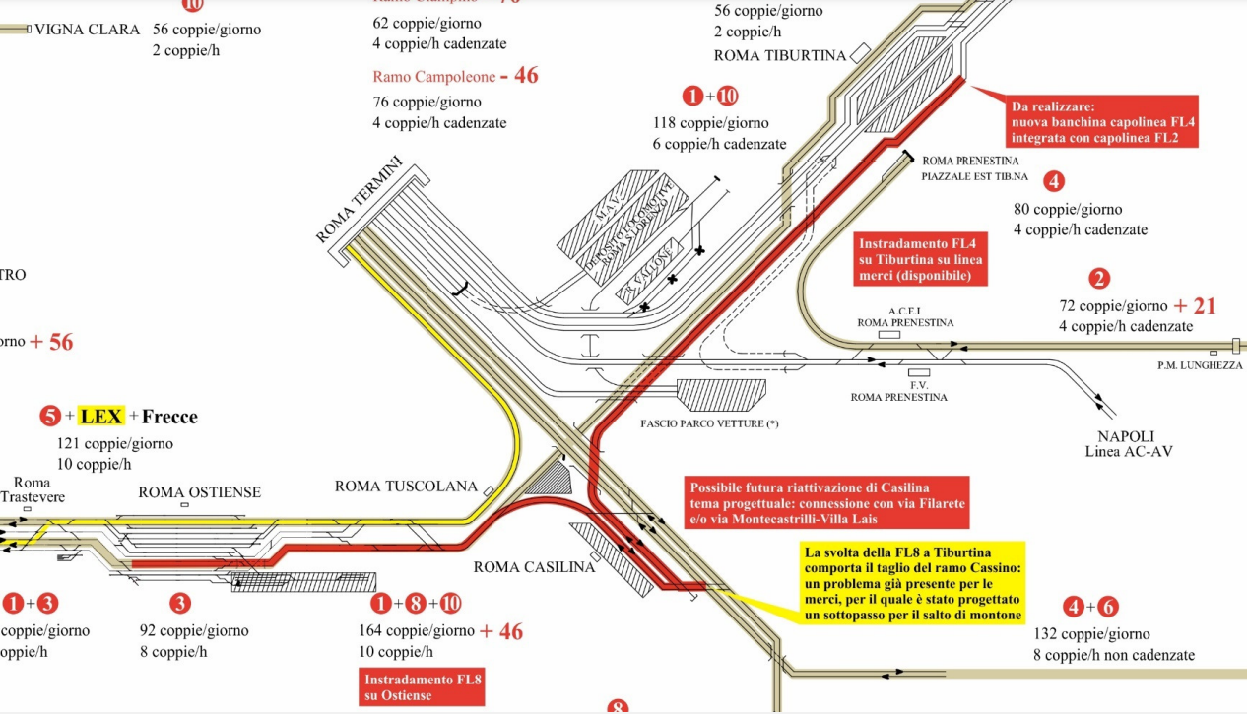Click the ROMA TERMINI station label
pos(361,200)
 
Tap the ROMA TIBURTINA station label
pos(779,55)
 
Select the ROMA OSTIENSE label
pos(199,491)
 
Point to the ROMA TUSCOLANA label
pos(406,487)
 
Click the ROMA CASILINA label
pos(534,567)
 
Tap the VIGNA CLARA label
pos(88,30)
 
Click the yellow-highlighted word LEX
pos(101,417)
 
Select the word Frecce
pos(169,417)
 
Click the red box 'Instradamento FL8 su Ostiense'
pos(421,687)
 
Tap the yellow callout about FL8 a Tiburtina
pos(910,582)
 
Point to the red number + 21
pos(1195,306)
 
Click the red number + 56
pos(51,342)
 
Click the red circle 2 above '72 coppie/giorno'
pos(1099,279)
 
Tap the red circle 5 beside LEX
pos(50,417)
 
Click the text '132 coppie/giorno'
pos(1091,634)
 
